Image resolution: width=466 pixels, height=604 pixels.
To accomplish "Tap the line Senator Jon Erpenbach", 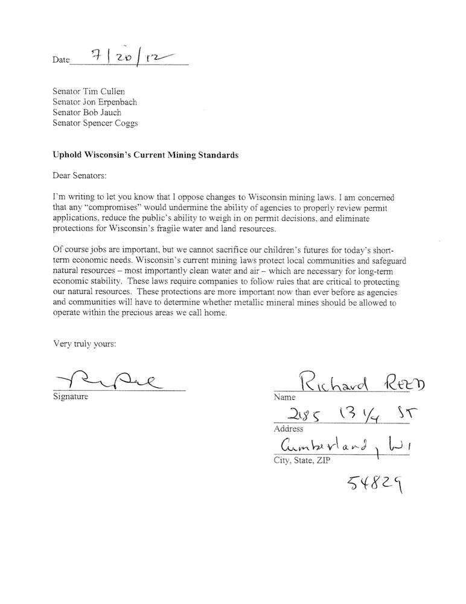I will coord(95,101).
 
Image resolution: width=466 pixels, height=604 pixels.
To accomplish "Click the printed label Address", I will coord(288,429).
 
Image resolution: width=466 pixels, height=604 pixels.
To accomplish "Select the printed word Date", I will coord(62,60).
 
